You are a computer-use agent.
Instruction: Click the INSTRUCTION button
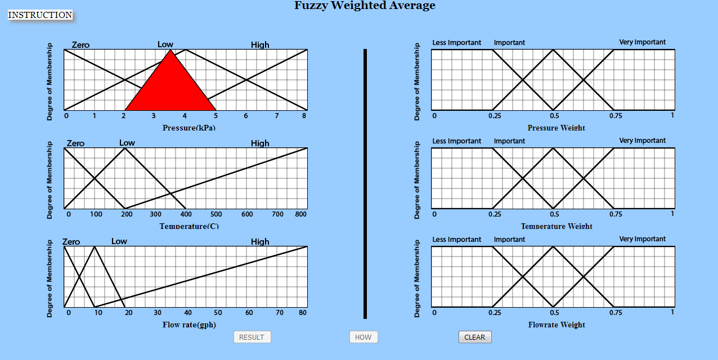click(x=40, y=15)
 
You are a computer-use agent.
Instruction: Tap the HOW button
click(x=363, y=337)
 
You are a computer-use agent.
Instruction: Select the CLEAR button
click(x=474, y=337)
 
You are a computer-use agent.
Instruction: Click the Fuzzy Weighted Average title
click(x=365, y=6)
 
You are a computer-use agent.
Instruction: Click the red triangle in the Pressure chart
click(x=170, y=87)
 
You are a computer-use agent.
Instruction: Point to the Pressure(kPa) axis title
click(x=189, y=128)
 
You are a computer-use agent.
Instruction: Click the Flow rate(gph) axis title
click(x=189, y=325)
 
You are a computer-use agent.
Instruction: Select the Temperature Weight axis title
click(x=557, y=226)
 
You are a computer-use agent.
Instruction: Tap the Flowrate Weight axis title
click(x=557, y=325)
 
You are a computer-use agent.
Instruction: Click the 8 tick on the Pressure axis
click(x=304, y=116)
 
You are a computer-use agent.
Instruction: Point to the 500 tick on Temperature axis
click(x=216, y=214)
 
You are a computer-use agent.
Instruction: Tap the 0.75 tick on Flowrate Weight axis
click(x=616, y=313)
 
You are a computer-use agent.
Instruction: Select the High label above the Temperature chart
click(x=260, y=143)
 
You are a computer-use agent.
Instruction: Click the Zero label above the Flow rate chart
click(x=71, y=242)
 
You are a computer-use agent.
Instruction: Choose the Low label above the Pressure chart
click(x=165, y=44)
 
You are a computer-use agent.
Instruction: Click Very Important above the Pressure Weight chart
click(x=642, y=42)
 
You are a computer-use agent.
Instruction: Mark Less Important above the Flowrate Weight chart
click(x=456, y=240)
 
